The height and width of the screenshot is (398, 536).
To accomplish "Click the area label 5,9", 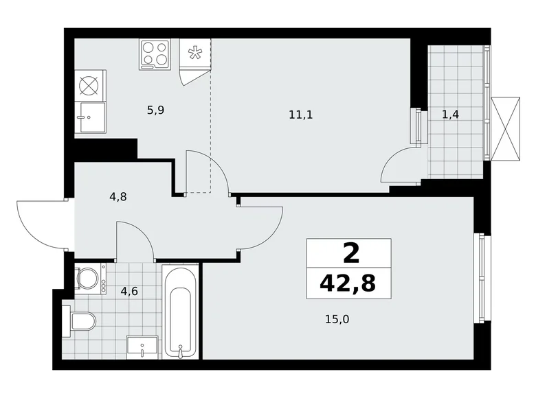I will click(155, 109).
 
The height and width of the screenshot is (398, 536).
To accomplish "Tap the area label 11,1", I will click(300, 115).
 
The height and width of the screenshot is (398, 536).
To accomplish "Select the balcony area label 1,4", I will click(451, 115).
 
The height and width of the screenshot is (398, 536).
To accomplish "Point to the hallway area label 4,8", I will click(118, 196).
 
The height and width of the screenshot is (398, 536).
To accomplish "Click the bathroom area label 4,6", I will click(130, 290).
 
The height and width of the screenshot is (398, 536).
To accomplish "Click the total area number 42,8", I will click(348, 281).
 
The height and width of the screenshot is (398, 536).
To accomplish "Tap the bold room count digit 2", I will click(350, 253).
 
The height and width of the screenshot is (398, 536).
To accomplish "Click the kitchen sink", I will click(90, 117).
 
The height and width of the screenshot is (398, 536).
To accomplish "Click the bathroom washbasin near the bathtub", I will click(143, 347).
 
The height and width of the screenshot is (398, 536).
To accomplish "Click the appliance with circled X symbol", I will click(90, 85).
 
